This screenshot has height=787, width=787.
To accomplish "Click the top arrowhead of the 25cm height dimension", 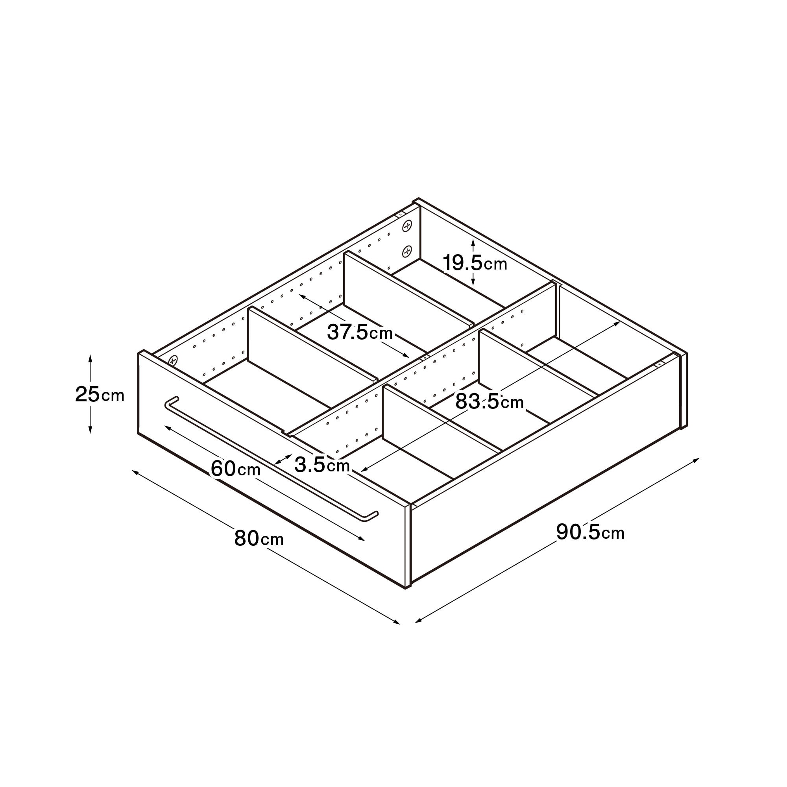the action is (x=91, y=355).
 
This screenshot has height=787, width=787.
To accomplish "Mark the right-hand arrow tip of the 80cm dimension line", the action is (x=400, y=624).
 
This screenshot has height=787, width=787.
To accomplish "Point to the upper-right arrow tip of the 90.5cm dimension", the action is (x=699, y=458).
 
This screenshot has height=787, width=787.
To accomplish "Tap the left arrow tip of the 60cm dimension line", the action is (x=164, y=426).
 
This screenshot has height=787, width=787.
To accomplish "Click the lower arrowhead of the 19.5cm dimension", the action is (x=473, y=285).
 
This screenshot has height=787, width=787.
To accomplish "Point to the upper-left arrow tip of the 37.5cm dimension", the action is (x=299, y=294).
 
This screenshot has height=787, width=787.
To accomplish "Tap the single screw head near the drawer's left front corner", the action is (x=173, y=360).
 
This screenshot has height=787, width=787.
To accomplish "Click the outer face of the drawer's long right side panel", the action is (x=546, y=468).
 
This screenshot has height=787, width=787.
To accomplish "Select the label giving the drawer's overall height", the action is (x=100, y=394).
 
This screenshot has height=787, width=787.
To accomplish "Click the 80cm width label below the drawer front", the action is (x=259, y=538).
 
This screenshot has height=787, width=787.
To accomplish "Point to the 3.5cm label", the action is (x=322, y=464).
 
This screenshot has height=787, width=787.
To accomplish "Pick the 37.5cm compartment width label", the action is (x=360, y=333).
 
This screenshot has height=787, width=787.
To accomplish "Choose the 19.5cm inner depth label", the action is (x=475, y=263).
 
